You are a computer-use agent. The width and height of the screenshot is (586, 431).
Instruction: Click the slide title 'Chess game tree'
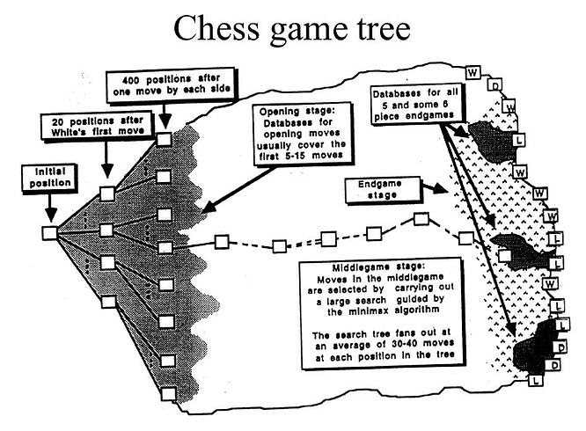(x=293, y=30)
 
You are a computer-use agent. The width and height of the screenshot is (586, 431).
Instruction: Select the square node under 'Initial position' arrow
(x=49, y=232)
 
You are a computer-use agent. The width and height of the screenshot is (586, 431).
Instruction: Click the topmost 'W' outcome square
(x=472, y=69)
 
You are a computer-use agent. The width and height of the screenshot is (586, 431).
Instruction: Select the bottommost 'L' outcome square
(x=535, y=381)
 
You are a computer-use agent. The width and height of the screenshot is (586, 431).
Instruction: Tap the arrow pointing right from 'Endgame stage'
(x=425, y=188)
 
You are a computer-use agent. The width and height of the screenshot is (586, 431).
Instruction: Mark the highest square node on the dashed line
(x=421, y=218)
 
